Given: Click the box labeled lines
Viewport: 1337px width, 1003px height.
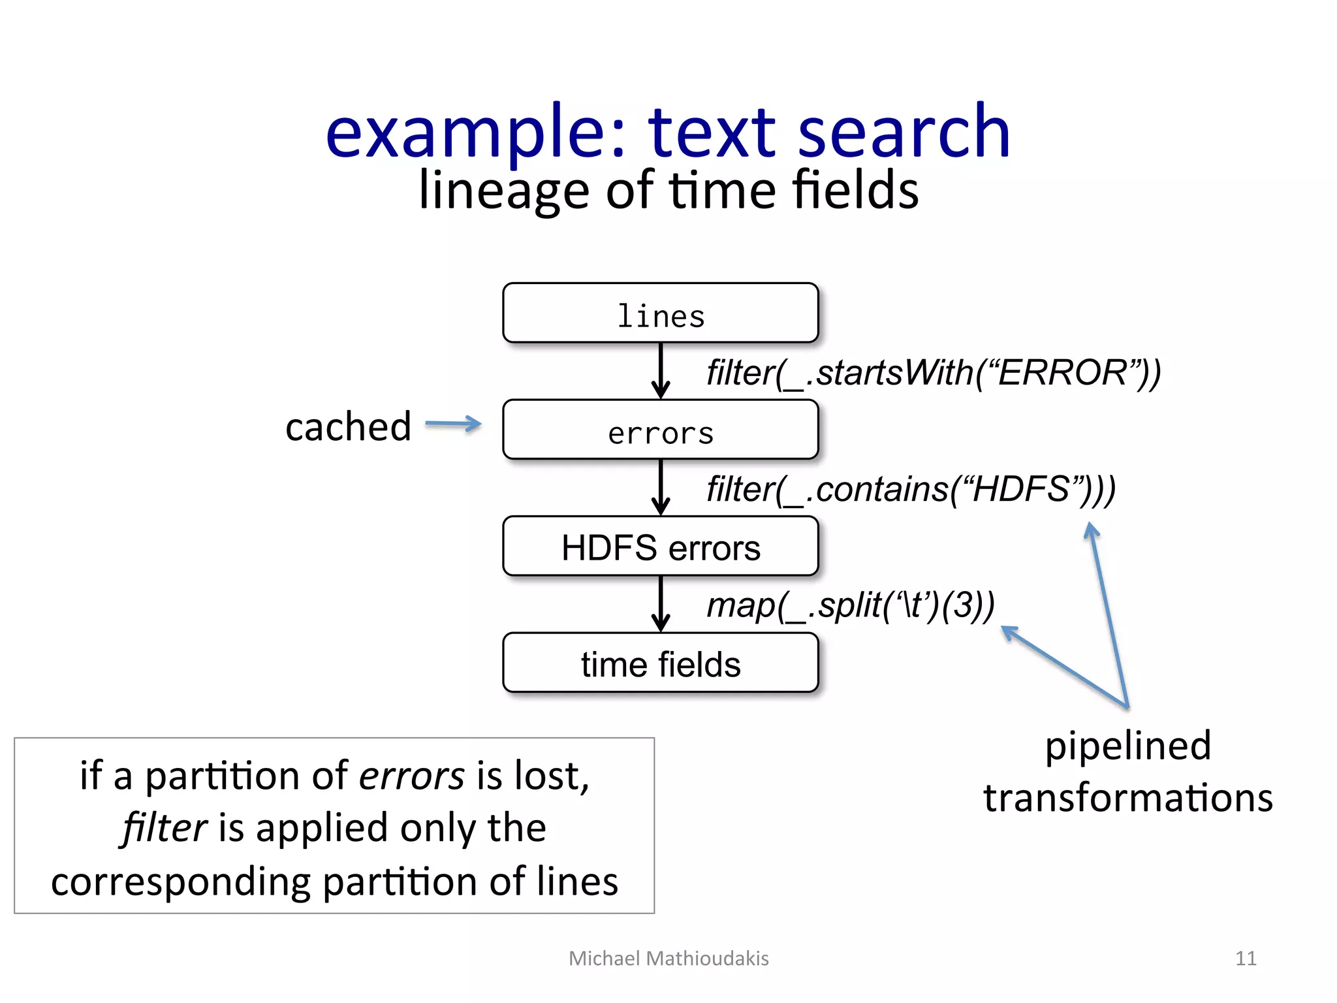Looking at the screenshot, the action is (x=660, y=313).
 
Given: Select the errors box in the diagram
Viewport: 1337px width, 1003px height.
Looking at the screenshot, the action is (x=660, y=430).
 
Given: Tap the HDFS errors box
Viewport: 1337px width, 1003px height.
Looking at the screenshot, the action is (x=660, y=547).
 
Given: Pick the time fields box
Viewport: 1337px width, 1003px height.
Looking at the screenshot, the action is (x=660, y=663).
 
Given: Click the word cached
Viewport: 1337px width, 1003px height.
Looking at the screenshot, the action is (x=348, y=427).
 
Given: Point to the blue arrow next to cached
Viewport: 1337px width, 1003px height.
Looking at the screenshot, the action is (x=453, y=424).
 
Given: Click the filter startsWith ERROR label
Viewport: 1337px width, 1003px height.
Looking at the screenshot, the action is (x=934, y=374).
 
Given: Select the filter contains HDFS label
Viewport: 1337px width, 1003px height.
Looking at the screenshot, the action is (x=911, y=490).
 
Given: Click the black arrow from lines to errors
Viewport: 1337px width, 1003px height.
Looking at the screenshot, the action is (x=661, y=370).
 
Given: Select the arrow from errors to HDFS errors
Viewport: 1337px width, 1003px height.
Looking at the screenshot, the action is (x=661, y=487).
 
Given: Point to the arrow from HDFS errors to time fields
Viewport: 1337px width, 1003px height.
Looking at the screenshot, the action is (x=661, y=603).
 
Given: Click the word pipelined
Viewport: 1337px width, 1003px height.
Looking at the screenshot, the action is (x=1127, y=746).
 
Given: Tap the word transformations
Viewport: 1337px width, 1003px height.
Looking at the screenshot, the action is (x=1127, y=798).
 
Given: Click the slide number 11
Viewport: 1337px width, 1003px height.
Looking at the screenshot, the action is (x=1246, y=959).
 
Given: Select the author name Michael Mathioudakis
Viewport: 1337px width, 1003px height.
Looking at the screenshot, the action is (x=668, y=959).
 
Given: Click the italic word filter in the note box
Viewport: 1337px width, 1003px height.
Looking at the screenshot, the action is (x=165, y=828).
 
